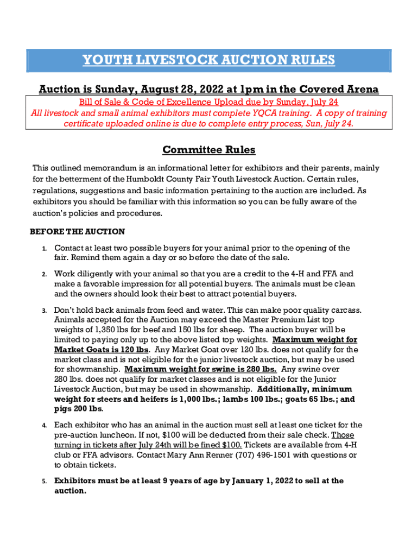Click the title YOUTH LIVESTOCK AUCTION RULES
208,60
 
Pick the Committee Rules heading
208,149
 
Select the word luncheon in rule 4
118,435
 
